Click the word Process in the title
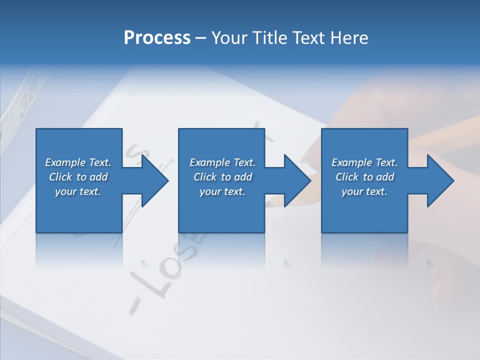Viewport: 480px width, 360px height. (x=157, y=38)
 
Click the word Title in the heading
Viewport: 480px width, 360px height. (x=270, y=38)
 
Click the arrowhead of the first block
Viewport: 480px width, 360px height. (x=155, y=180)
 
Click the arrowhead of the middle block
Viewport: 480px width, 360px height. (x=297, y=180)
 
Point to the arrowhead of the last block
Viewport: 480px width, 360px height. (x=440, y=180)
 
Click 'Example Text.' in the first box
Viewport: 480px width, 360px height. (x=78, y=162)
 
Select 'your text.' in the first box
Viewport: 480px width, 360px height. (x=78, y=191)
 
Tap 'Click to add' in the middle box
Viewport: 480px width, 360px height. (x=222, y=177)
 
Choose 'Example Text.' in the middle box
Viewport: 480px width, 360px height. (x=222, y=162)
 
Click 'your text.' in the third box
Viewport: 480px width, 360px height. (x=364, y=191)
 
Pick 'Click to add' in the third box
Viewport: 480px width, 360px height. (x=364, y=177)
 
